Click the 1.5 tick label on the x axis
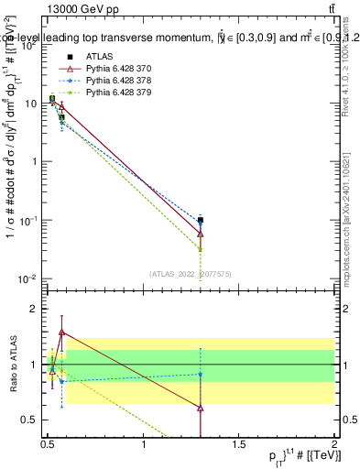pyautogui.click(x=240, y=444)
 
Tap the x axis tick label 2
pyautogui.click(x=334, y=444)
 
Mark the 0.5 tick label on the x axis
pyautogui.click(x=49, y=444)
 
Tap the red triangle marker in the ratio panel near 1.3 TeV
pyautogui.click(x=201, y=408)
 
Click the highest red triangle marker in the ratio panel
pyautogui.click(x=61, y=333)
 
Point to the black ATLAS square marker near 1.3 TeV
pyautogui.click(x=201, y=220)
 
